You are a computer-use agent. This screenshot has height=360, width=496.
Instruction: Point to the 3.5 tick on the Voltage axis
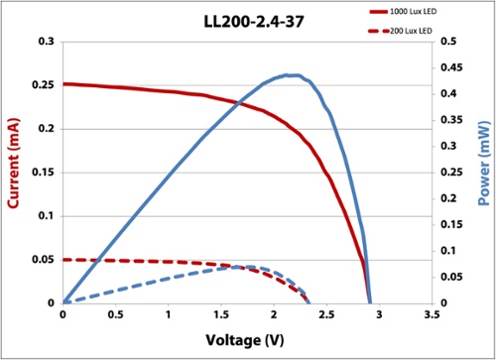click(430, 316)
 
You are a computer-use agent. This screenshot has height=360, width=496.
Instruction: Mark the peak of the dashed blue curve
click(246, 267)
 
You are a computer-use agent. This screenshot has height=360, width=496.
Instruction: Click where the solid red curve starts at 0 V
click(63, 84)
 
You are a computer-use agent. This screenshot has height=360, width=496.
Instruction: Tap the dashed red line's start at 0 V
click(63, 259)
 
